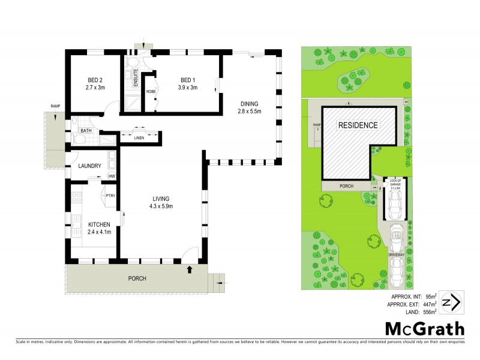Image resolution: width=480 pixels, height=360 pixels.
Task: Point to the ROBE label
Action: pos(151,92)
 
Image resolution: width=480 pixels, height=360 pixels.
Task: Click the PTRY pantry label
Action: pos(110,196)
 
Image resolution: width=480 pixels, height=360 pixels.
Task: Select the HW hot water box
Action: pos(112,176)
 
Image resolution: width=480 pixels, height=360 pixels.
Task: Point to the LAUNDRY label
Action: pos(89,166)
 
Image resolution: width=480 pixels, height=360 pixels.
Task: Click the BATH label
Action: pos(86,130)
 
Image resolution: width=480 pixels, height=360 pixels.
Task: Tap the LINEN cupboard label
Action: pos(139,137)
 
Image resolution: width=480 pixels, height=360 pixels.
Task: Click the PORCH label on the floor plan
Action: pos(137,278)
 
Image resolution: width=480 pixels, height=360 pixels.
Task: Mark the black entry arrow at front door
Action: pos(190,269)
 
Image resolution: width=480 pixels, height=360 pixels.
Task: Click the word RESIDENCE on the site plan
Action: pos(358,125)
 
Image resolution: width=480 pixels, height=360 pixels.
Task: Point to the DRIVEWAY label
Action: pos(397,254)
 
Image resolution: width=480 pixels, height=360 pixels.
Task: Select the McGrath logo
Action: pos(424,329)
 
